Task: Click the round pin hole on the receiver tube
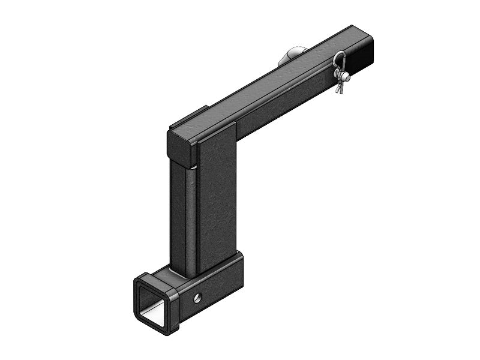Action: click(x=197, y=296)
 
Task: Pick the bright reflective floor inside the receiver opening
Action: click(x=155, y=314)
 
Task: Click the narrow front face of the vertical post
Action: click(x=182, y=222)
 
